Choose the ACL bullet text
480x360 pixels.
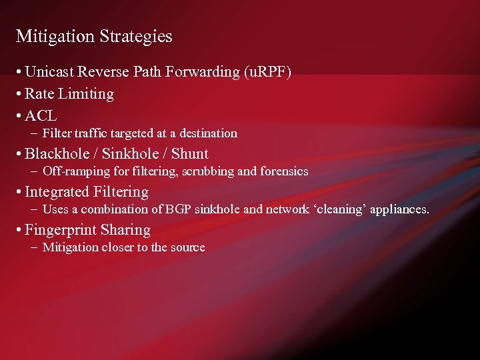click(x=41, y=115)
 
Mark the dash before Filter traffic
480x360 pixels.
click(x=33, y=133)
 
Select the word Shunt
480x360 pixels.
click(x=189, y=154)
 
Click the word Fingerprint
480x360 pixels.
click(x=61, y=230)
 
